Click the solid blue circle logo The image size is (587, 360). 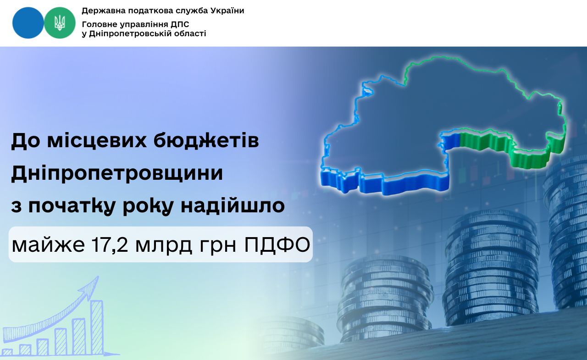28,23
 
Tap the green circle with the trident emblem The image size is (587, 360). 60,23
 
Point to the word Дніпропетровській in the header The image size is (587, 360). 132,34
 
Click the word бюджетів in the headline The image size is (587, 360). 206,141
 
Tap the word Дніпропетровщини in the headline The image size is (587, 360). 117,173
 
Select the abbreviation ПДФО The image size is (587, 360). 277,245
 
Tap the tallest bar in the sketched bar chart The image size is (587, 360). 97,327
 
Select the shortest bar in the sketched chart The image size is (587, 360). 7,352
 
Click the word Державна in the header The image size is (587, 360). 98,11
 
